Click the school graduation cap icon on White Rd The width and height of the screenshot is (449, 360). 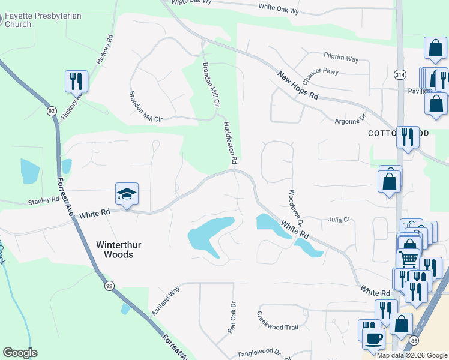(127, 194)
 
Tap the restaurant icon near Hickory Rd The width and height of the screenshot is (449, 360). (76, 82)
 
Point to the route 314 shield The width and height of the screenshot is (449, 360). (400, 74)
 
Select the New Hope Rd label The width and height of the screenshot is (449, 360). (298, 85)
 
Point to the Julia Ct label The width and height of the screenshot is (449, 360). (339, 220)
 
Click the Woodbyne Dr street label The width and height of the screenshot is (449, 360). (294, 206)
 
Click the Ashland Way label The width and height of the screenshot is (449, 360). (166, 301)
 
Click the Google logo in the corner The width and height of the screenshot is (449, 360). (20, 353)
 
